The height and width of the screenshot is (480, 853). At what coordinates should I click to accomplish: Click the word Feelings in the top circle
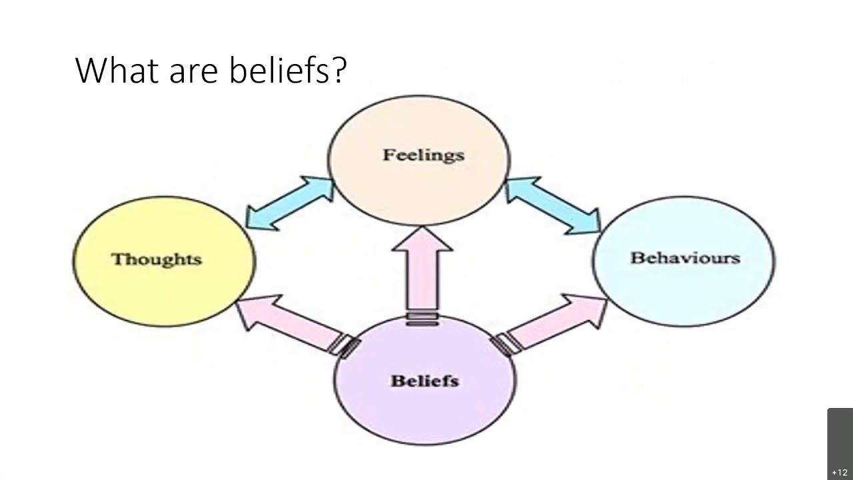423,155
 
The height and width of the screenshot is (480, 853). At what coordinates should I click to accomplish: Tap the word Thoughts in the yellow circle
157,259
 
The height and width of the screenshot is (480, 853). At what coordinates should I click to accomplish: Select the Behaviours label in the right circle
685,258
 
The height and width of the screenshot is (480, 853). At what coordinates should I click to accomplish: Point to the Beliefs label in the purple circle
425,381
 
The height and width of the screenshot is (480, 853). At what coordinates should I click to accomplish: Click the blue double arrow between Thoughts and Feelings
289,203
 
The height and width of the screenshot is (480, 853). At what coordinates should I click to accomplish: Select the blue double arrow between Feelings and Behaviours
552,204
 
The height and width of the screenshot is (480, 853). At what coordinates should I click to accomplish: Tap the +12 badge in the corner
840,473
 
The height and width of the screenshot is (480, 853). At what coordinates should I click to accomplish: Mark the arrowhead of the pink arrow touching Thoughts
257,309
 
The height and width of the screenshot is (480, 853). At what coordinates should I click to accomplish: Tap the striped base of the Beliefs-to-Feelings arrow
422,319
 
